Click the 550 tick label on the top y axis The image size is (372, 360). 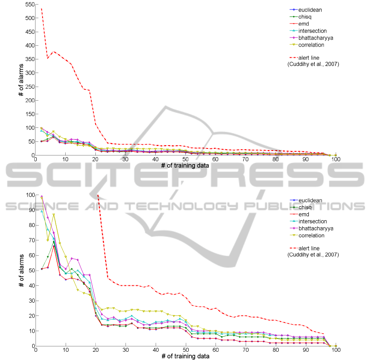click(28, 4)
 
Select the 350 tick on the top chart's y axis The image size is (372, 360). click(28, 59)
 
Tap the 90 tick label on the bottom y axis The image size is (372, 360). click(30, 210)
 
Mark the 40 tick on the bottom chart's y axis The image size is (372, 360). click(30, 285)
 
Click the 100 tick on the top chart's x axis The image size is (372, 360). click(336, 160)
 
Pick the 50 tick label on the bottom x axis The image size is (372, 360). click(186, 350)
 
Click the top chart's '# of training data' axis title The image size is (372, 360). click(186, 166)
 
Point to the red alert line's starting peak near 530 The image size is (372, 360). click(41, 9)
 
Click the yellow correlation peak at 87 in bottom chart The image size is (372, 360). click(54, 214)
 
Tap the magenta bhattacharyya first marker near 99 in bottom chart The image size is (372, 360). click(42, 196)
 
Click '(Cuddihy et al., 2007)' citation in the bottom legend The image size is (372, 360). click(313, 255)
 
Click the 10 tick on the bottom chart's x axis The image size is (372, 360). click(65, 350)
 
